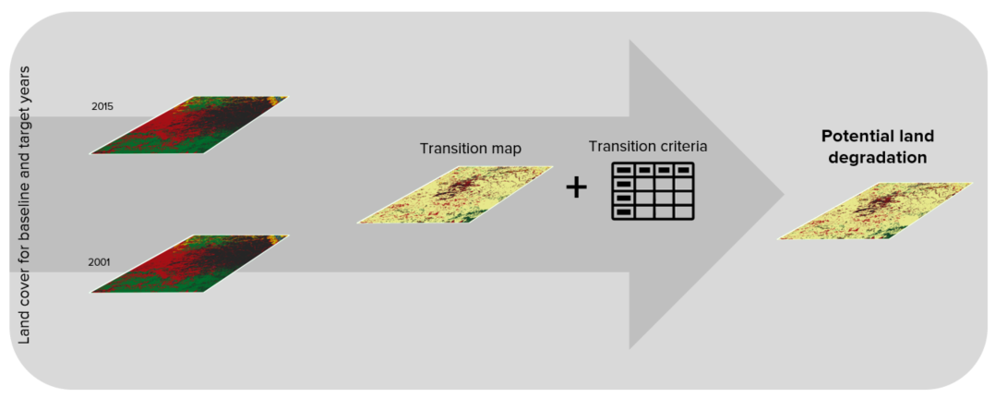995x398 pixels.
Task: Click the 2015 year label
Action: (102, 106)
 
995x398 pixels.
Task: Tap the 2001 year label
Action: (100, 261)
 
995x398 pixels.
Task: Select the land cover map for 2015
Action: (189, 125)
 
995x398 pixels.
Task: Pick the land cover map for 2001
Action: (189, 264)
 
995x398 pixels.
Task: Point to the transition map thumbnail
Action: (455, 195)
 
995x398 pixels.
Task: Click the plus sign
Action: (576, 188)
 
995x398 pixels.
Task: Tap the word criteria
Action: (682, 147)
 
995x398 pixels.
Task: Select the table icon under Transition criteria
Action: (652, 190)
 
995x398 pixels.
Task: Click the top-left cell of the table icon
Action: (624, 170)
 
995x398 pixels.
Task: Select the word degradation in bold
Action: (877, 158)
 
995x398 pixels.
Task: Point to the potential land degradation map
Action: (876, 211)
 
